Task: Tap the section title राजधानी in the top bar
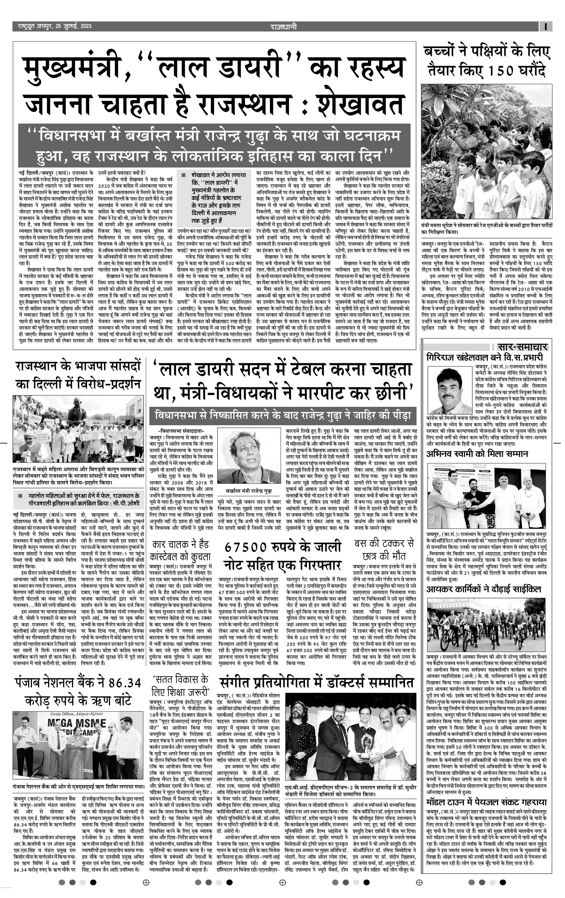click(283, 26)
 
